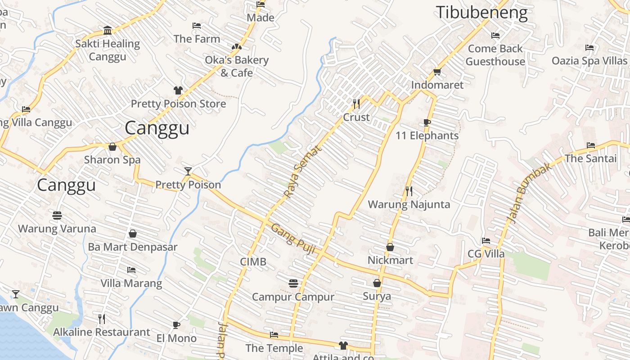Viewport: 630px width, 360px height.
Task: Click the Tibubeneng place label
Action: click(x=481, y=13)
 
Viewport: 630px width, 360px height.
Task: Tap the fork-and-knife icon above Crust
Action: click(x=356, y=104)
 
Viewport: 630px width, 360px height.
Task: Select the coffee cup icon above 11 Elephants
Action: click(x=427, y=122)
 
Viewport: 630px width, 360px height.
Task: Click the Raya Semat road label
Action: click(x=303, y=171)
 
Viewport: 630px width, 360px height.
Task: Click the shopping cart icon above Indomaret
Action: click(x=437, y=72)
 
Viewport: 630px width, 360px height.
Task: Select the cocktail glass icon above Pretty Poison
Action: click(x=188, y=171)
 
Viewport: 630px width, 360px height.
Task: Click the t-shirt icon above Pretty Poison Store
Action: click(x=178, y=90)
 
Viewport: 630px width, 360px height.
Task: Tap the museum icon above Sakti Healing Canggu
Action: click(x=108, y=31)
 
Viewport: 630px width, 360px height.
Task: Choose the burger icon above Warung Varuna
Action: click(x=57, y=215)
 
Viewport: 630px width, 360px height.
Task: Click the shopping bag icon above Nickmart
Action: click(x=390, y=247)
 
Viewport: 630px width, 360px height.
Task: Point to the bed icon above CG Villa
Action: click(x=486, y=241)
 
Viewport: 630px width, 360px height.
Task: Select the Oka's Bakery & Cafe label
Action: click(x=237, y=66)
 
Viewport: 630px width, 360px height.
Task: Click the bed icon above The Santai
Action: click(x=591, y=145)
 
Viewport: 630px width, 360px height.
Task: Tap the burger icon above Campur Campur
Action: click(x=293, y=283)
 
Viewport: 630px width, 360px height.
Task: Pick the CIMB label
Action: click(x=253, y=262)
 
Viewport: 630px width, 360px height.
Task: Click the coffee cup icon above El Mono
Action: click(x=176, y=325)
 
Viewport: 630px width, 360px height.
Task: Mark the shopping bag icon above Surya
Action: click(x=377, y=283)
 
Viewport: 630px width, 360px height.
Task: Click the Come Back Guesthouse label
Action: click(x=495, y=55)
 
